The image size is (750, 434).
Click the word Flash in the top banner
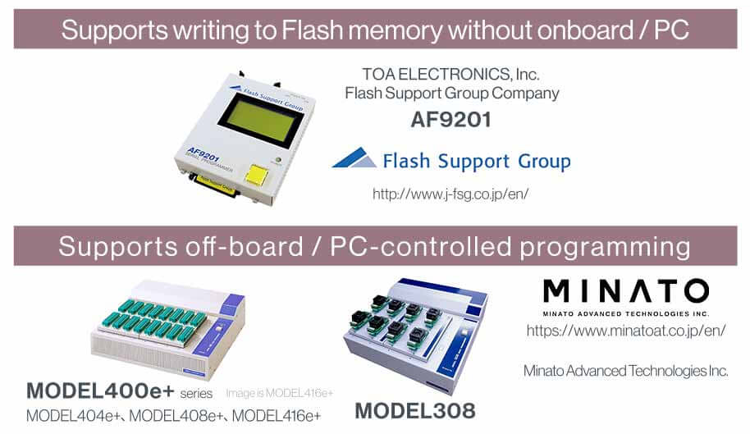(x=313, y=30)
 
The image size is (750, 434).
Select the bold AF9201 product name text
(x=450, y=120)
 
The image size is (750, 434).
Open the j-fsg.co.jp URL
(x=450, y=194)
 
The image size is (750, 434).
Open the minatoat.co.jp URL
(x=626, y=331)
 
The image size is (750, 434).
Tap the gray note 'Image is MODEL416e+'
(x=280, y=393)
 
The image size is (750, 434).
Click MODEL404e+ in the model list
(x=73, y=415)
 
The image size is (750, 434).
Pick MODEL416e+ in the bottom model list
(x=277, y=415)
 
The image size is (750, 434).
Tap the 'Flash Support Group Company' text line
(x=452, y=93)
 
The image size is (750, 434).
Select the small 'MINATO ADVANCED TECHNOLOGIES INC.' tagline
(x=625, y=313)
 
